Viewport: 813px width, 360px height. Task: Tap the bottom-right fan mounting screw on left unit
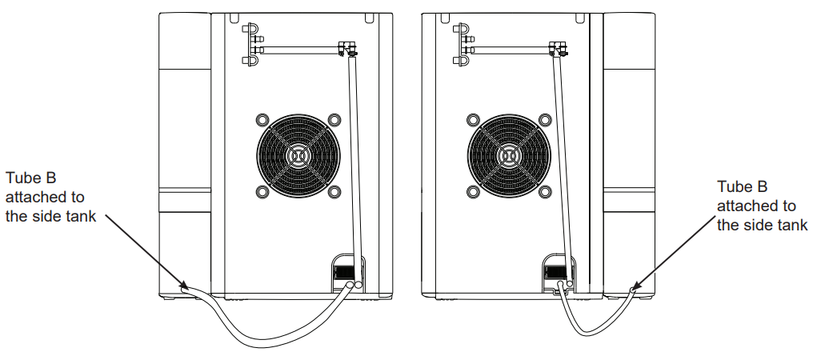click(335, 192)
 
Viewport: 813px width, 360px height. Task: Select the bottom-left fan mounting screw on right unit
click(471, 192)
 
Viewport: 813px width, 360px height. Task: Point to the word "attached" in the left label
click(33, 198)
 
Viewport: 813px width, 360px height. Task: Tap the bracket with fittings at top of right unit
click(462, 45)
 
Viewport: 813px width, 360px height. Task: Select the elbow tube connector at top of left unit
click(348, 50)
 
